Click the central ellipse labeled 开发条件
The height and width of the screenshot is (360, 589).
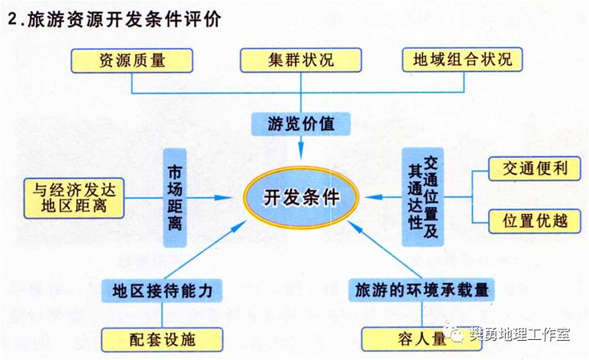pyautogui.click(x=301, y=198)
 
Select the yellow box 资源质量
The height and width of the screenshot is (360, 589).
pyautogui.click(x=131, y=59)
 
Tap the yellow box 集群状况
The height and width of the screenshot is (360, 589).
pyautogui.click(x=300, y=59)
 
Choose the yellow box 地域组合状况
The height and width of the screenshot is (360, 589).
pyautogui.click(x=462, y=59)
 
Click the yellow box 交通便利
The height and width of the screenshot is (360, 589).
pyautogui.click(x=535, y=169)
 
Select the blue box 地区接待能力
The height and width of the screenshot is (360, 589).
pyautogui.click(x=161, y=289)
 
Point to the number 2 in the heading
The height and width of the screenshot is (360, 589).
pyautogui.click(x=11, y=20)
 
